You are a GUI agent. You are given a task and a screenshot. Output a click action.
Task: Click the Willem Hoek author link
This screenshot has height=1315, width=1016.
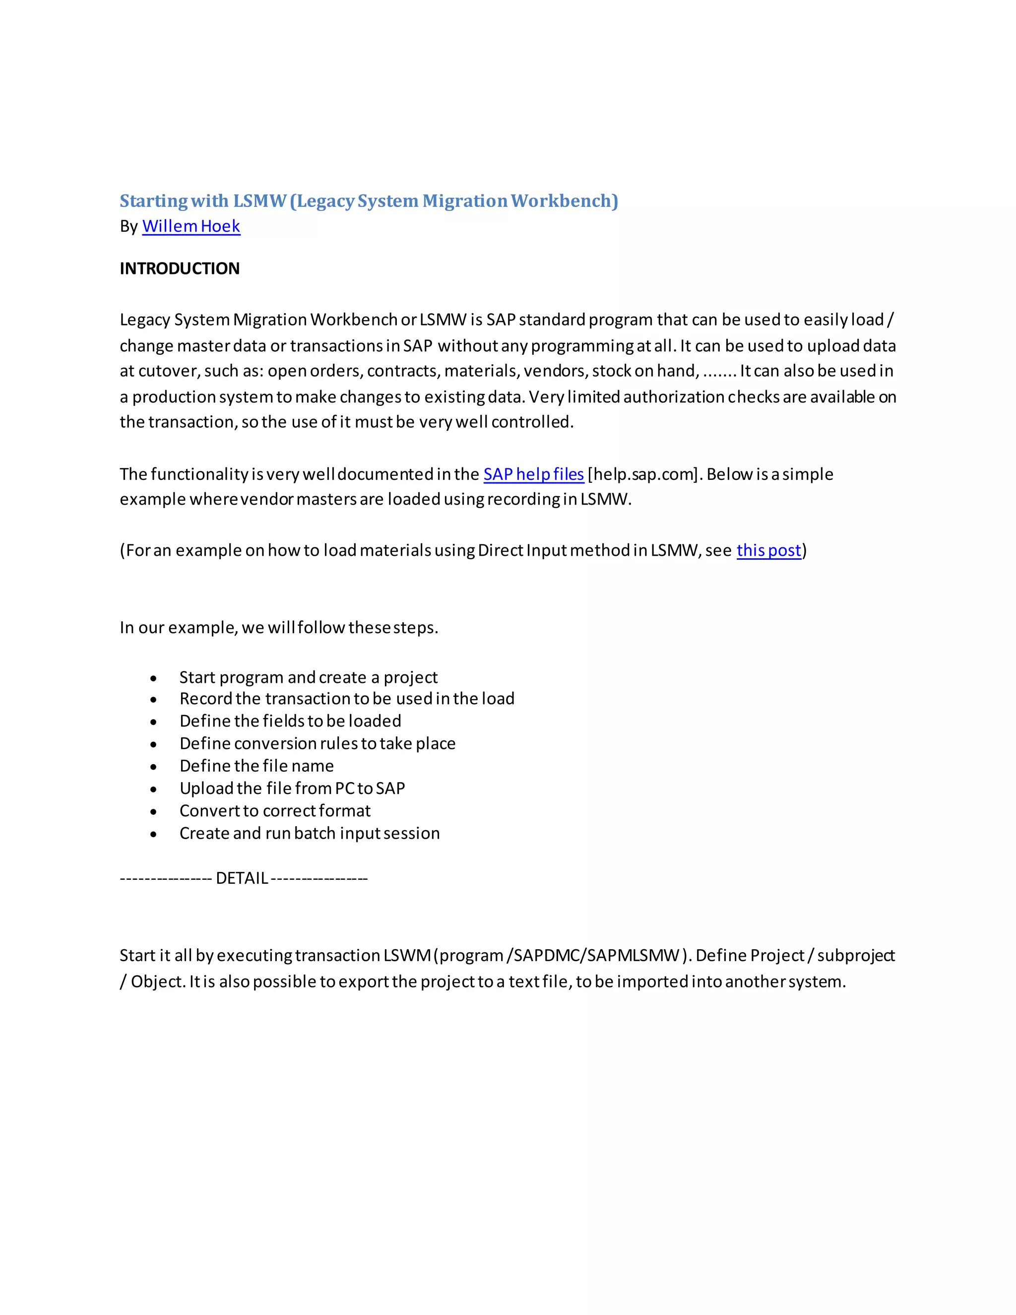click(x=191, y=226)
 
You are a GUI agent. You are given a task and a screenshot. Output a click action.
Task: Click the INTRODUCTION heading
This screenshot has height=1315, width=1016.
click(x=180, y=268)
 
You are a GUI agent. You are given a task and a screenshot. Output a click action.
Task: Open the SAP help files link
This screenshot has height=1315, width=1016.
click(x=533, y=474)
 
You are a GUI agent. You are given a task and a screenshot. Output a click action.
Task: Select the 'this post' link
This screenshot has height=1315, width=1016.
click(x=768, y=550)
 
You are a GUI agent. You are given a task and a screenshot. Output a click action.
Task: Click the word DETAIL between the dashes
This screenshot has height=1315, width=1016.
click(x=242, y=878)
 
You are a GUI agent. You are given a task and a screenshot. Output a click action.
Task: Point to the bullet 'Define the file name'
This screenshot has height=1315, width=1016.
click(x=256, y=766)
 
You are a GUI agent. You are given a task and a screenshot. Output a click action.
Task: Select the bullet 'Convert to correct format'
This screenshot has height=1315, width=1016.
click(x=274, y=811)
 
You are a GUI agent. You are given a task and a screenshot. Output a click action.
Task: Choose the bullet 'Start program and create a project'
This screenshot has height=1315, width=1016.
click(x=308, y=677)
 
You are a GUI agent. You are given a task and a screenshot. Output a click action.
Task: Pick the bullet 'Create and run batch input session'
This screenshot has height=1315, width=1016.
click(x=310, y=833)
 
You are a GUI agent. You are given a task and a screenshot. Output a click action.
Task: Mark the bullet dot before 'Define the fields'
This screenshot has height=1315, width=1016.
click(x=153, y=722)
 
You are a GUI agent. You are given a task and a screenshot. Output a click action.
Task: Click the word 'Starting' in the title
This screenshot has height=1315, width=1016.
click(x=153, y=200)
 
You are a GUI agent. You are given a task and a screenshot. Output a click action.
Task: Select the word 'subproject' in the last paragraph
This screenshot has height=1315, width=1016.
click(x=855, y=956)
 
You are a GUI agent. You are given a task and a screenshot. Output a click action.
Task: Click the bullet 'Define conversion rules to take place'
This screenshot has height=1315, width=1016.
click(x=317, y=744)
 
